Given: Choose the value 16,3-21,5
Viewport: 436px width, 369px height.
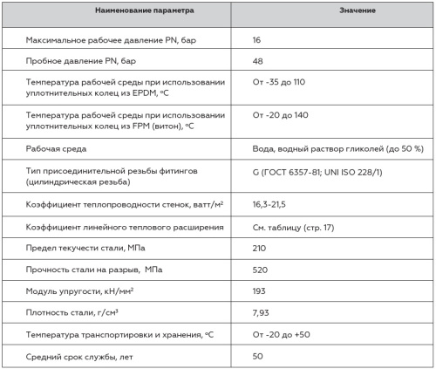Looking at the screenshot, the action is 271,204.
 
